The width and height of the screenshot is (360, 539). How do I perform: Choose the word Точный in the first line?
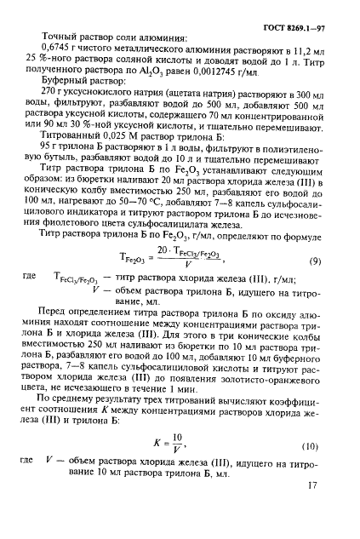56,37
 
